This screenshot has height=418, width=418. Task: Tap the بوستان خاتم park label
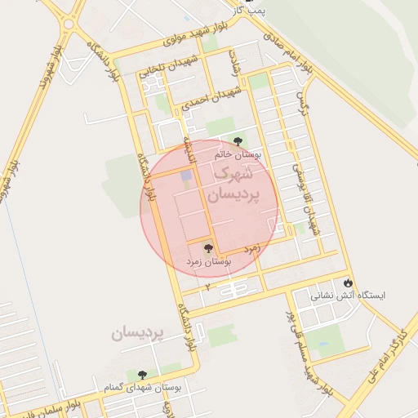[238, 154]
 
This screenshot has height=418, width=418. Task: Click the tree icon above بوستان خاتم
[238, 141]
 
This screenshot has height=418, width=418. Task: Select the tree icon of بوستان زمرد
[207, 247]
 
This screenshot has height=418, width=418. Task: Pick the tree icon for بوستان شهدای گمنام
[142, 375]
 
